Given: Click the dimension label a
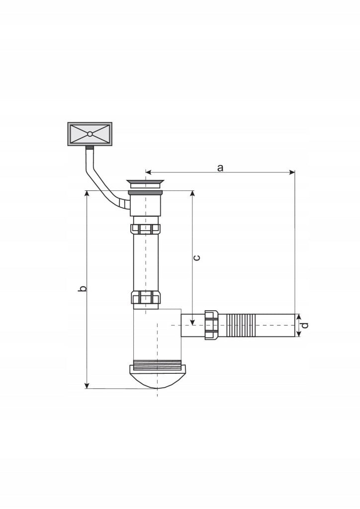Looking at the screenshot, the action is point(220,168).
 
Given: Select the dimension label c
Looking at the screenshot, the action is point(196,258).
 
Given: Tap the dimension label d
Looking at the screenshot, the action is point(304,325).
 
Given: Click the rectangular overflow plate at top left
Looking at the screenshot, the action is point(90,134).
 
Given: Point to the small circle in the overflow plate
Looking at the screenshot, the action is point(90,134).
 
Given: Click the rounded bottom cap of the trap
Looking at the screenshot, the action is point(158,377).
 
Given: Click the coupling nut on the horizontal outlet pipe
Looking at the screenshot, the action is point(212,325).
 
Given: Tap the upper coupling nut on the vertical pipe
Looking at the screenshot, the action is point(145,229).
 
